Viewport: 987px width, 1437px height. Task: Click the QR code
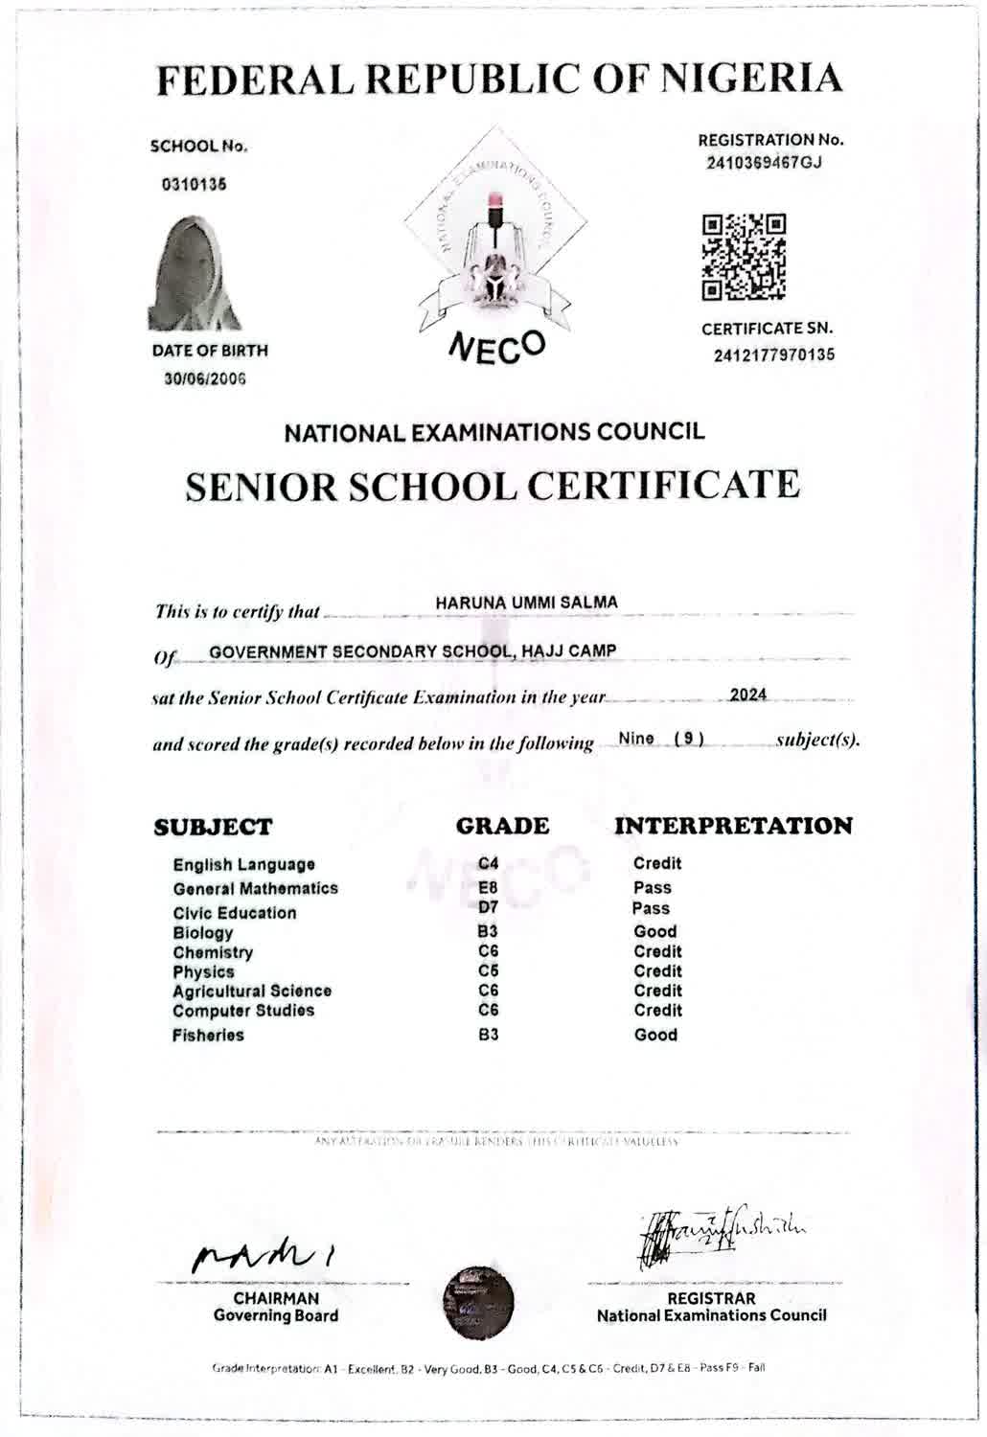(745, 256)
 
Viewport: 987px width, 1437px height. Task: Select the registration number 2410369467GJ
(765, 162)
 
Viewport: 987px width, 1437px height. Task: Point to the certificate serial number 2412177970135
(773, 354)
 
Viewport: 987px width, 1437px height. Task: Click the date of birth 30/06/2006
(204, 378)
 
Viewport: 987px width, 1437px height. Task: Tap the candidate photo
(194, 274)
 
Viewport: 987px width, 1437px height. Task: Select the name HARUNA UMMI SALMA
(526, 603)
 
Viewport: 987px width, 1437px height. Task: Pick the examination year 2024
(747, 695)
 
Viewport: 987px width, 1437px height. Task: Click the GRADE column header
(502, 826)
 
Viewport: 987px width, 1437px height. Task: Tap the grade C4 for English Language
(488, 864)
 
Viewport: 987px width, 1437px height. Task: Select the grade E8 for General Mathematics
(488, 888)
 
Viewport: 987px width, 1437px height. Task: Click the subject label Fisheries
(208, 1035)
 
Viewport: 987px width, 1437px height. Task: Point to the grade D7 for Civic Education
(488, 907)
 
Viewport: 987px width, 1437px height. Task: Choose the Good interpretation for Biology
(655, 931)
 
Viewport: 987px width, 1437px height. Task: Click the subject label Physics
(203, 971)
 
